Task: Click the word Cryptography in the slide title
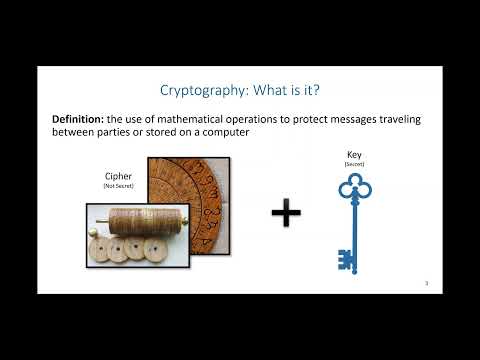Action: point(195,91)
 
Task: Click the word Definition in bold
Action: point(82,120)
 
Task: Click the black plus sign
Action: point(286,212)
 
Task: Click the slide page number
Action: point(426,284)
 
